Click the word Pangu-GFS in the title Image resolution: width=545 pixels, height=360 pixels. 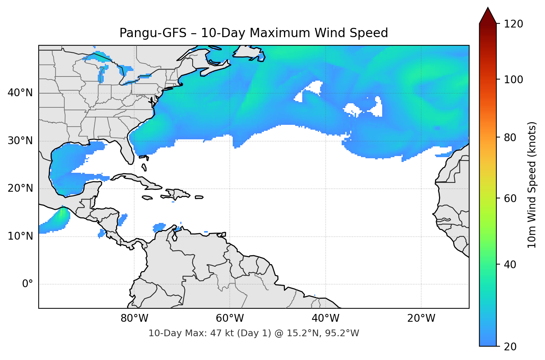tap(153, 33)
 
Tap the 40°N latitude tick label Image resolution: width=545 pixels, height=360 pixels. tap(20, 93)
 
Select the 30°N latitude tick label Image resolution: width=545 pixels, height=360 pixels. tap(20, 141)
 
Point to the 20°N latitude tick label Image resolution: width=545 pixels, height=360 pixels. tap(20, 188)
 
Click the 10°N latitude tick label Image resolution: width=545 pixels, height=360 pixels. tap(20, 236)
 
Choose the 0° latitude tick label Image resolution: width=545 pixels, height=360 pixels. tap(28, 284)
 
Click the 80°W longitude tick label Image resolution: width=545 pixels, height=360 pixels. tap(134, 318)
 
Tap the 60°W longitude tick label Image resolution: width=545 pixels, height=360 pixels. tap(230, 318)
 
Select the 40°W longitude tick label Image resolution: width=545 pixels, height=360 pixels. tap(326, 318)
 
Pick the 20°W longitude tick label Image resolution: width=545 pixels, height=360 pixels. tap(421, 318)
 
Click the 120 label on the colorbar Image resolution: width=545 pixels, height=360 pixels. tap(513, 24)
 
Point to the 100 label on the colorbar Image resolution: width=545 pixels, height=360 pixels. tap(513, 80)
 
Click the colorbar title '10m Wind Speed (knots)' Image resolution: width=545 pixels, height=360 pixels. tap(532, 185)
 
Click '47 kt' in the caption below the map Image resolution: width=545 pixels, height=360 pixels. tap(219, 333)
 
